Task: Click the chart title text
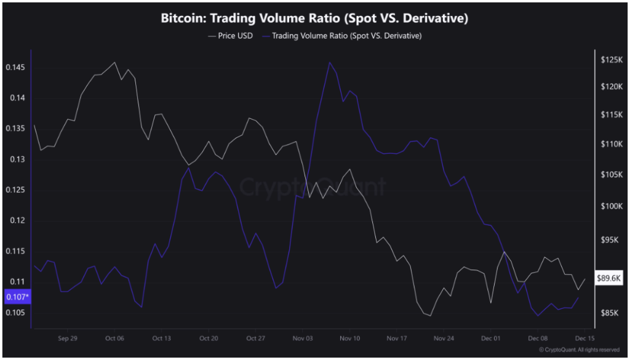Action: click(314, 18)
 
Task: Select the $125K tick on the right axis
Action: click(613, 60)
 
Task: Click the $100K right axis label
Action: click(613, 206)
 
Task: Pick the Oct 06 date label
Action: click(114, 338)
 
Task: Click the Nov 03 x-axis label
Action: click(303, 338)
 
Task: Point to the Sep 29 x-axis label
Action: click(67, 338)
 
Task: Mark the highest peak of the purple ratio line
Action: click(330, 62)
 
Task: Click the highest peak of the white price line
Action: click(114, 62)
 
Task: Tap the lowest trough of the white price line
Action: click(429, 316)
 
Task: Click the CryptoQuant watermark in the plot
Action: click(313, 185)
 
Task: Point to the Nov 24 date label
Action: click(444, 338)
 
